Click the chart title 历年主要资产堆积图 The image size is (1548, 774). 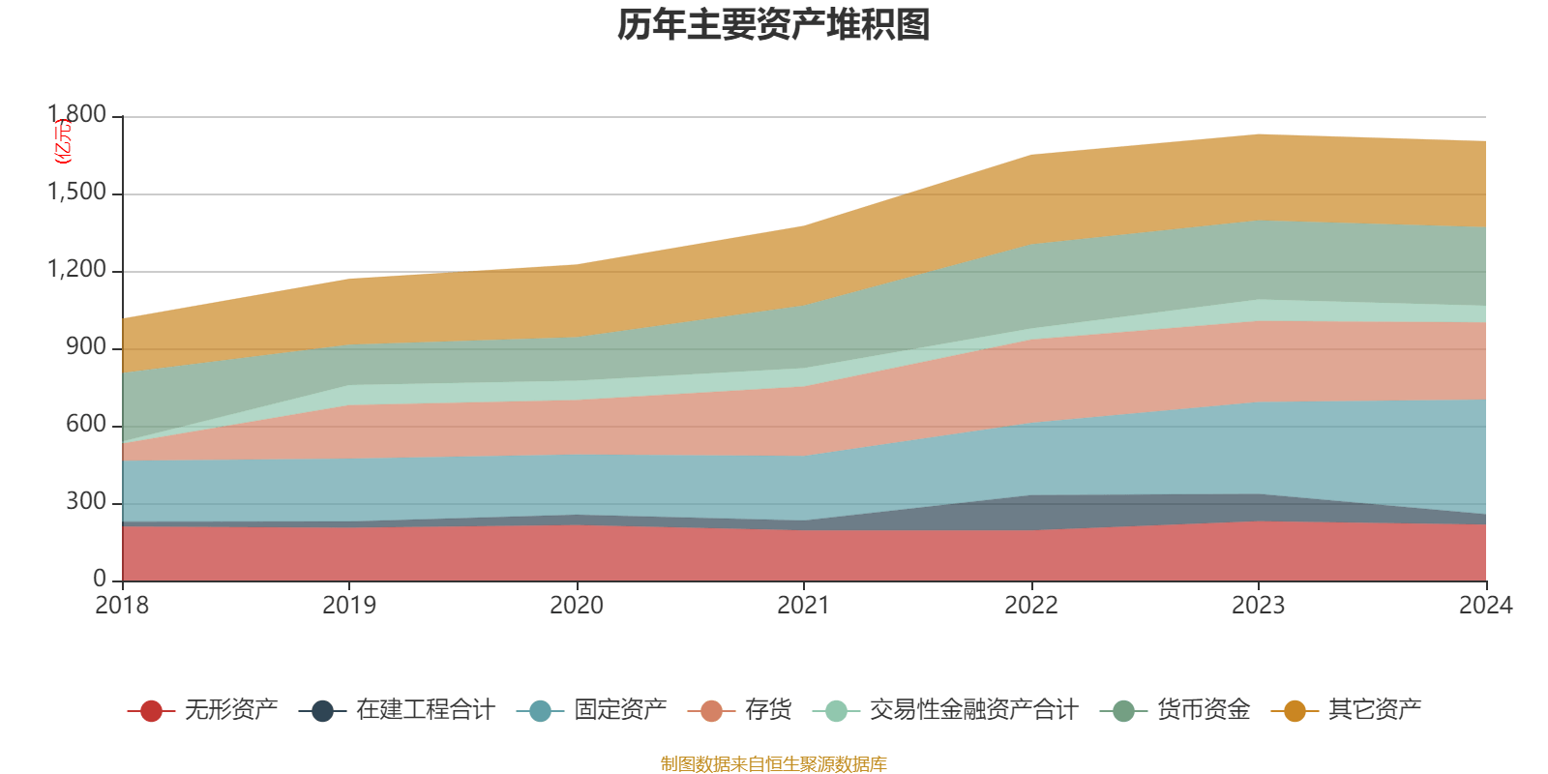point(774,25)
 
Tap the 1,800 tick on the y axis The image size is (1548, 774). point(77,115)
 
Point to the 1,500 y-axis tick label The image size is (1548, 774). point(77,193)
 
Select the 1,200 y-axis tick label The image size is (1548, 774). point(77,270)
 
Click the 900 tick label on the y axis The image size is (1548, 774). point(86,347)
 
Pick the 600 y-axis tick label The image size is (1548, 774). point(86,425)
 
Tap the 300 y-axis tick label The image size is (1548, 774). point(86,502)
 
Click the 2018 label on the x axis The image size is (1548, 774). point(122,606)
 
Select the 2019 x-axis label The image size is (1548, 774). point(349,606)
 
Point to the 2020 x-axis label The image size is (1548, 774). point(577,606)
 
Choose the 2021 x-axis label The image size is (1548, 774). point(804,606)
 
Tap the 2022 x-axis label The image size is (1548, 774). point(1031,606)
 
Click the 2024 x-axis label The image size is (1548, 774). point(1485,606)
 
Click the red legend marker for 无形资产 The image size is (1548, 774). point(151,712)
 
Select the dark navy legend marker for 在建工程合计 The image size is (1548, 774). point(322,712)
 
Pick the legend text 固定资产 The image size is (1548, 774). point(620,710)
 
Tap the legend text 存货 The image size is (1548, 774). point(768,710)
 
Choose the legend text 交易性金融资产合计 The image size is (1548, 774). point(972,710)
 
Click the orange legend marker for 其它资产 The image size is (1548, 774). point(1295,712)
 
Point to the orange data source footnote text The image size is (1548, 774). point(774,764)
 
